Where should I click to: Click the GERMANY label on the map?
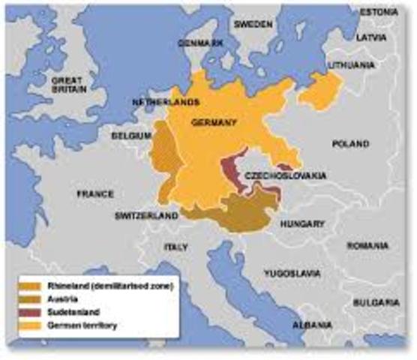(x=214, y=122)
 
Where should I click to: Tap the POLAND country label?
(x=350, y=143)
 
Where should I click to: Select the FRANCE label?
(x=94, y=193)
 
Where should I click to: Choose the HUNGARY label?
(x=298, y=223)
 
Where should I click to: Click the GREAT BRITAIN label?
(x=68, y=83)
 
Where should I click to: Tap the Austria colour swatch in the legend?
(x=32, y=296)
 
